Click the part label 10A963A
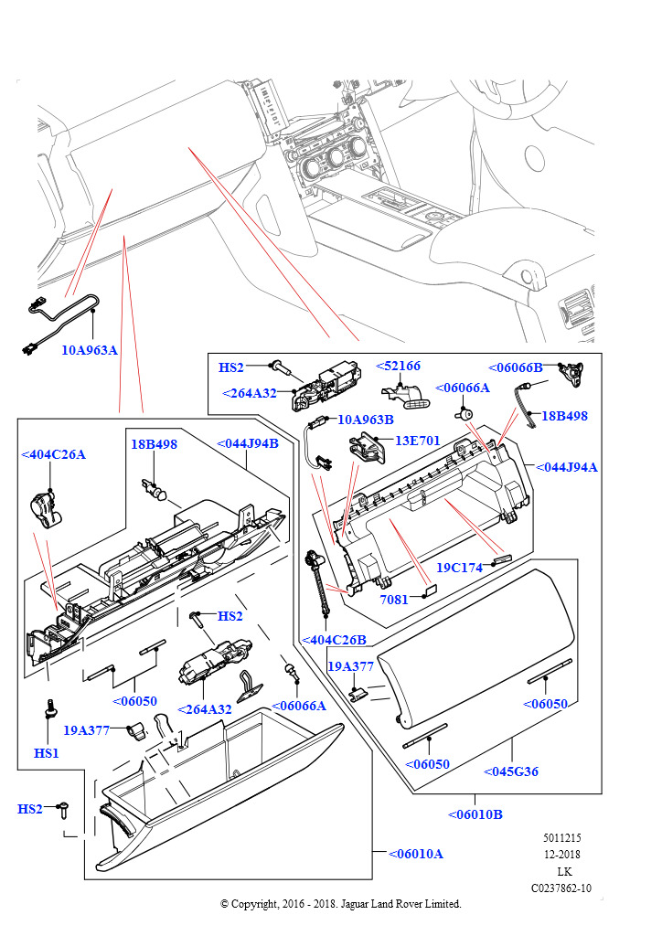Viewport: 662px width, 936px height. tap(90, 350)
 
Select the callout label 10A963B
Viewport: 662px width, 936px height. tap(366, 420)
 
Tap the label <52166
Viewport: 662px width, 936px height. tap(399, 367)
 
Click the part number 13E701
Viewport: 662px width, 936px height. tap(417, 441)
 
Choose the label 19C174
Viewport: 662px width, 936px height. tap(459, 568)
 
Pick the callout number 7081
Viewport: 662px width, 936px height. tap(395, 601)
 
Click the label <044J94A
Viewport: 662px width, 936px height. tap(566, 467)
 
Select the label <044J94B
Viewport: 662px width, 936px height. tap(248, 444)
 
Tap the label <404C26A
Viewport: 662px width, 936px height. tap(53, 454)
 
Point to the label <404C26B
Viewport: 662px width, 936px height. tap(333, 640)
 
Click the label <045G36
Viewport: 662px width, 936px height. tap(510, 771)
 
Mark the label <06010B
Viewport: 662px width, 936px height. tap(475, 814)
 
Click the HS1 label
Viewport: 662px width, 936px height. tap(47, 753)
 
